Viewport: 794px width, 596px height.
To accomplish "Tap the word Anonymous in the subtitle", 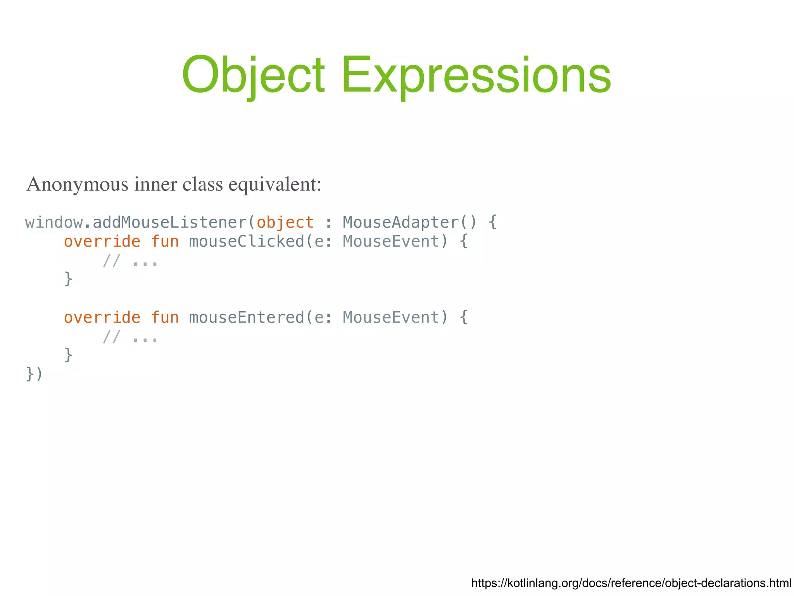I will pos(77,184).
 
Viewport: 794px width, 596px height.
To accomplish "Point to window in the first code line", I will pos(54,223).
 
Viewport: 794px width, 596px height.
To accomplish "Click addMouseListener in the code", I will pos(169,223).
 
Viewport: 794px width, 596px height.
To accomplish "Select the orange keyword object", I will pos(285,223).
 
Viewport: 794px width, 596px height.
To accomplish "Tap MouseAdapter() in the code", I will pos(410,223).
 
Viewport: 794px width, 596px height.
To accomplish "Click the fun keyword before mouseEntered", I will pos(165,318).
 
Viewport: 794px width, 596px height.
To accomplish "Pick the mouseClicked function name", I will pos(247,242).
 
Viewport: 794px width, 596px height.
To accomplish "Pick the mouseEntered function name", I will pos(247,318).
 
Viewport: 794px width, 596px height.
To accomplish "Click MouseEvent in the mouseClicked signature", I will pos(391,242).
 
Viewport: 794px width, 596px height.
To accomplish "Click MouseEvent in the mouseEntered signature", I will pos(391,318).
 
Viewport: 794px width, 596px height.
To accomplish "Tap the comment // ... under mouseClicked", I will pos(130,261).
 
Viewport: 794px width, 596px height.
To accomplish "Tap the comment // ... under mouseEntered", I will pos(130,337).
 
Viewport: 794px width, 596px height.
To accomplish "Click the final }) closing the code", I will pos(34,374).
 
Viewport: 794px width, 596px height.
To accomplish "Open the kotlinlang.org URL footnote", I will pos(631,583).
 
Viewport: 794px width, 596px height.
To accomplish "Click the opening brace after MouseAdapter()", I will pos(492,223).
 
